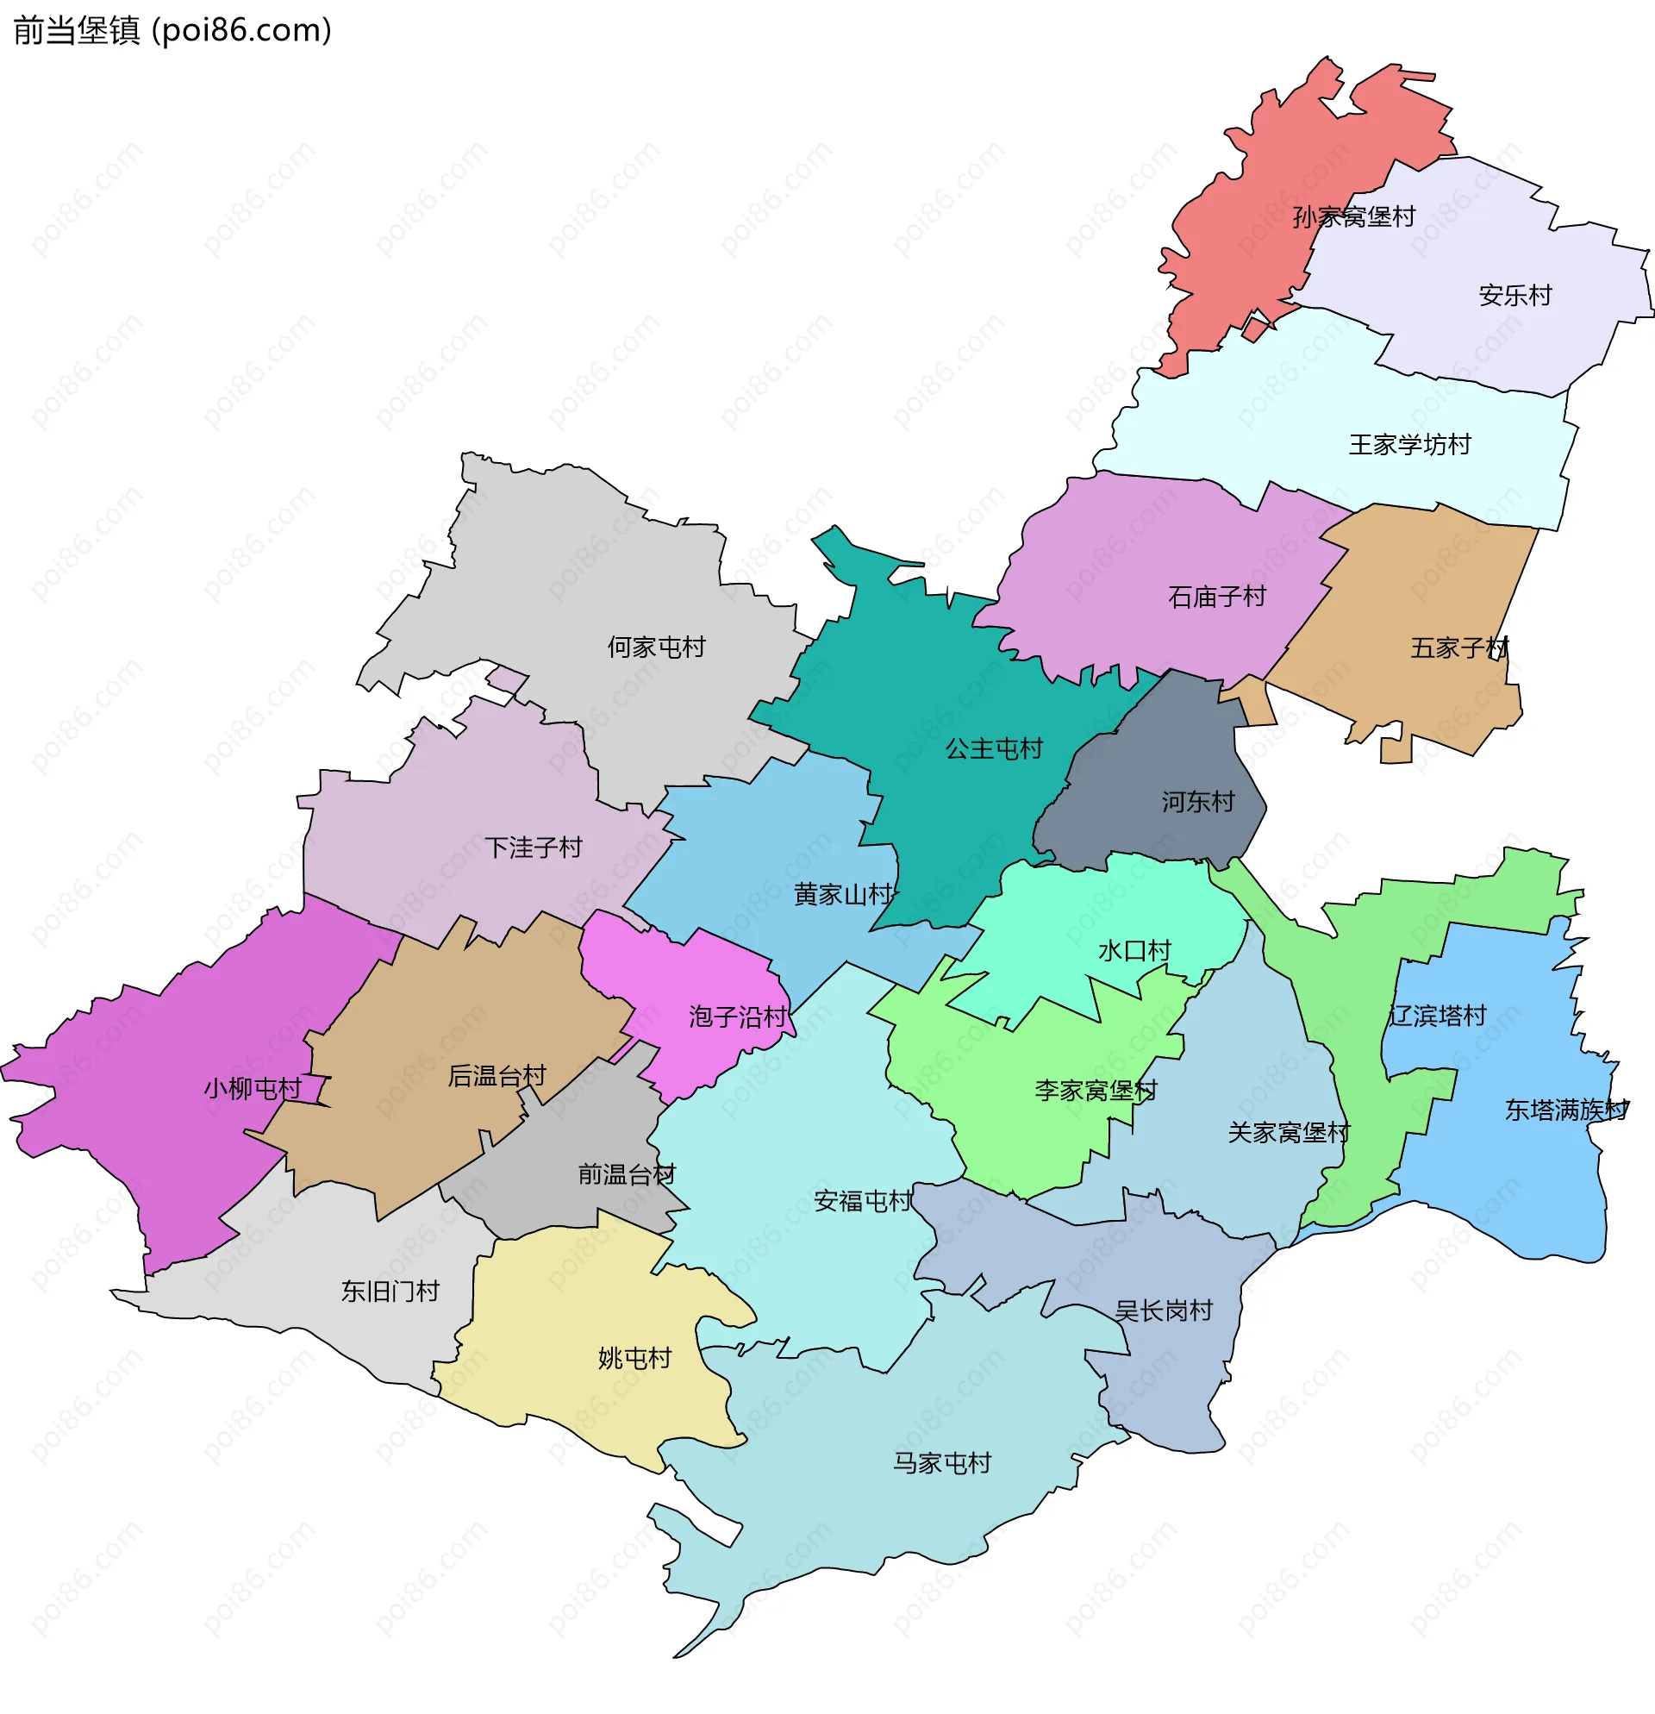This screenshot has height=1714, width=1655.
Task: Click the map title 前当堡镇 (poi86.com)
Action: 172,31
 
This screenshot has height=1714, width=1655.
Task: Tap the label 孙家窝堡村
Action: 1353,217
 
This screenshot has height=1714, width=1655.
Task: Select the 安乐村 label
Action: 1515,296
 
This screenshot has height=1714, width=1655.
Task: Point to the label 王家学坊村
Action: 1409,445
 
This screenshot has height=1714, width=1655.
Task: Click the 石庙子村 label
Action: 1217,597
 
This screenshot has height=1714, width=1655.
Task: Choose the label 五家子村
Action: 1459,648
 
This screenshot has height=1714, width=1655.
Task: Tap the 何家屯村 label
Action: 657,647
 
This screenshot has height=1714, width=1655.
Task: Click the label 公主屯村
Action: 994,748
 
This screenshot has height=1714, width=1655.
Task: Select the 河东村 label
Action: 1198,802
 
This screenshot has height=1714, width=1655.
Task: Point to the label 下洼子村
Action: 534,848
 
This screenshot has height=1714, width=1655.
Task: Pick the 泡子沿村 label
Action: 738,1017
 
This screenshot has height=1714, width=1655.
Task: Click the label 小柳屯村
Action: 253,1089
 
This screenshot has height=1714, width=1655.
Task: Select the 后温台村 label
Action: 496,1076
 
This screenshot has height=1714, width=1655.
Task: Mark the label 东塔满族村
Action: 1566,1110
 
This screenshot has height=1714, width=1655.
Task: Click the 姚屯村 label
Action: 634,1358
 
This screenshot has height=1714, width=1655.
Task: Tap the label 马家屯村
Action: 941,1463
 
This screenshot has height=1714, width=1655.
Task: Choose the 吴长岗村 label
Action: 1164,1311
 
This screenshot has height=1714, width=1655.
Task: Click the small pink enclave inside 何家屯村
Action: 507,679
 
